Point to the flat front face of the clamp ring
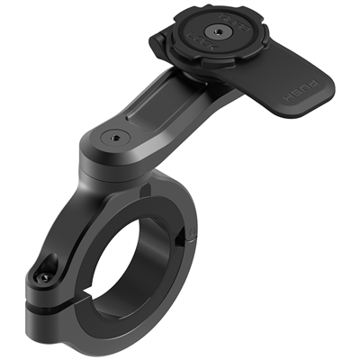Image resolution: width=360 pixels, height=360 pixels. tap(81, 234)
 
